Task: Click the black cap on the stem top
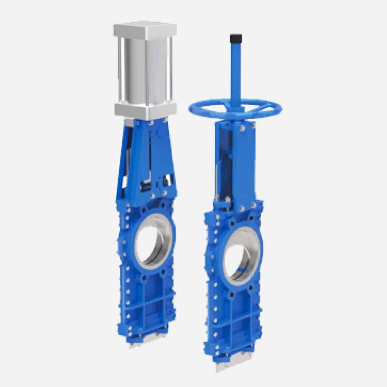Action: [x=236, y=38]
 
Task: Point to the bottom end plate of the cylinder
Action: [x=146, y=111]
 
